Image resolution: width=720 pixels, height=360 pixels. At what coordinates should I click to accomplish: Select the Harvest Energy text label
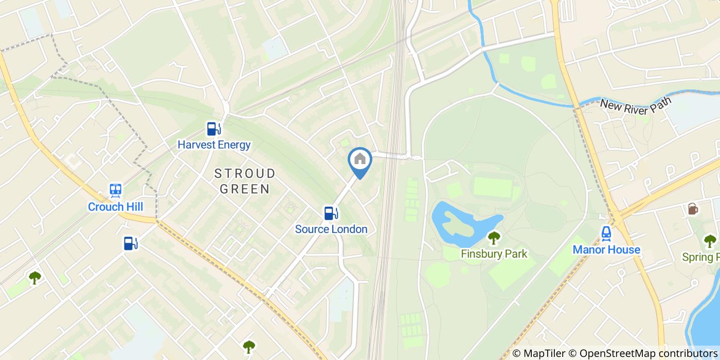click(x=214, y=145)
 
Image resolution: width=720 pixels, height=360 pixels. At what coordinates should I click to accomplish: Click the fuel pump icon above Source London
click(x=331, y=213)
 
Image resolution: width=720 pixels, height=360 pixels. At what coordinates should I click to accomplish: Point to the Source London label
click(x=331, y=229)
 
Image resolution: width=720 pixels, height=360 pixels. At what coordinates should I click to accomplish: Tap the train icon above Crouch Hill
click(x=116, y=191)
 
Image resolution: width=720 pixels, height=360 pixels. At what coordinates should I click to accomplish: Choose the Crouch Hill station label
click(x=115, y=207)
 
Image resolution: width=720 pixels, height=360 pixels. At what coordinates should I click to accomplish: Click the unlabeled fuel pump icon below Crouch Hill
click(x=131, y=243)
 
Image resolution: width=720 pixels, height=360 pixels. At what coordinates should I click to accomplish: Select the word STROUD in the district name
click(x=245, y=173)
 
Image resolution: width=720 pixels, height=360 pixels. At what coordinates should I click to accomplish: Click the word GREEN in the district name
click(x=245, y=189)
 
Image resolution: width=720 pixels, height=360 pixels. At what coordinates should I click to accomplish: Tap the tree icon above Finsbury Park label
click(x=494, y=238)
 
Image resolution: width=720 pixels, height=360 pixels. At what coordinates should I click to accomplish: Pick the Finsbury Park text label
click(x=494, y=254)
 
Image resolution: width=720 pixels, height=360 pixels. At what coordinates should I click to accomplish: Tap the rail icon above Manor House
click(x=606, y=233)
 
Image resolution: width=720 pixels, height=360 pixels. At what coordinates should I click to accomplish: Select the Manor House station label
click(x=606, y=250)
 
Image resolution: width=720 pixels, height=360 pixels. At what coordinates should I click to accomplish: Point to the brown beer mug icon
click(x=693, y=209)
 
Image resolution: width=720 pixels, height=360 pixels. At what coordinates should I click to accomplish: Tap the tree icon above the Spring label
click(x=710, y=241)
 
